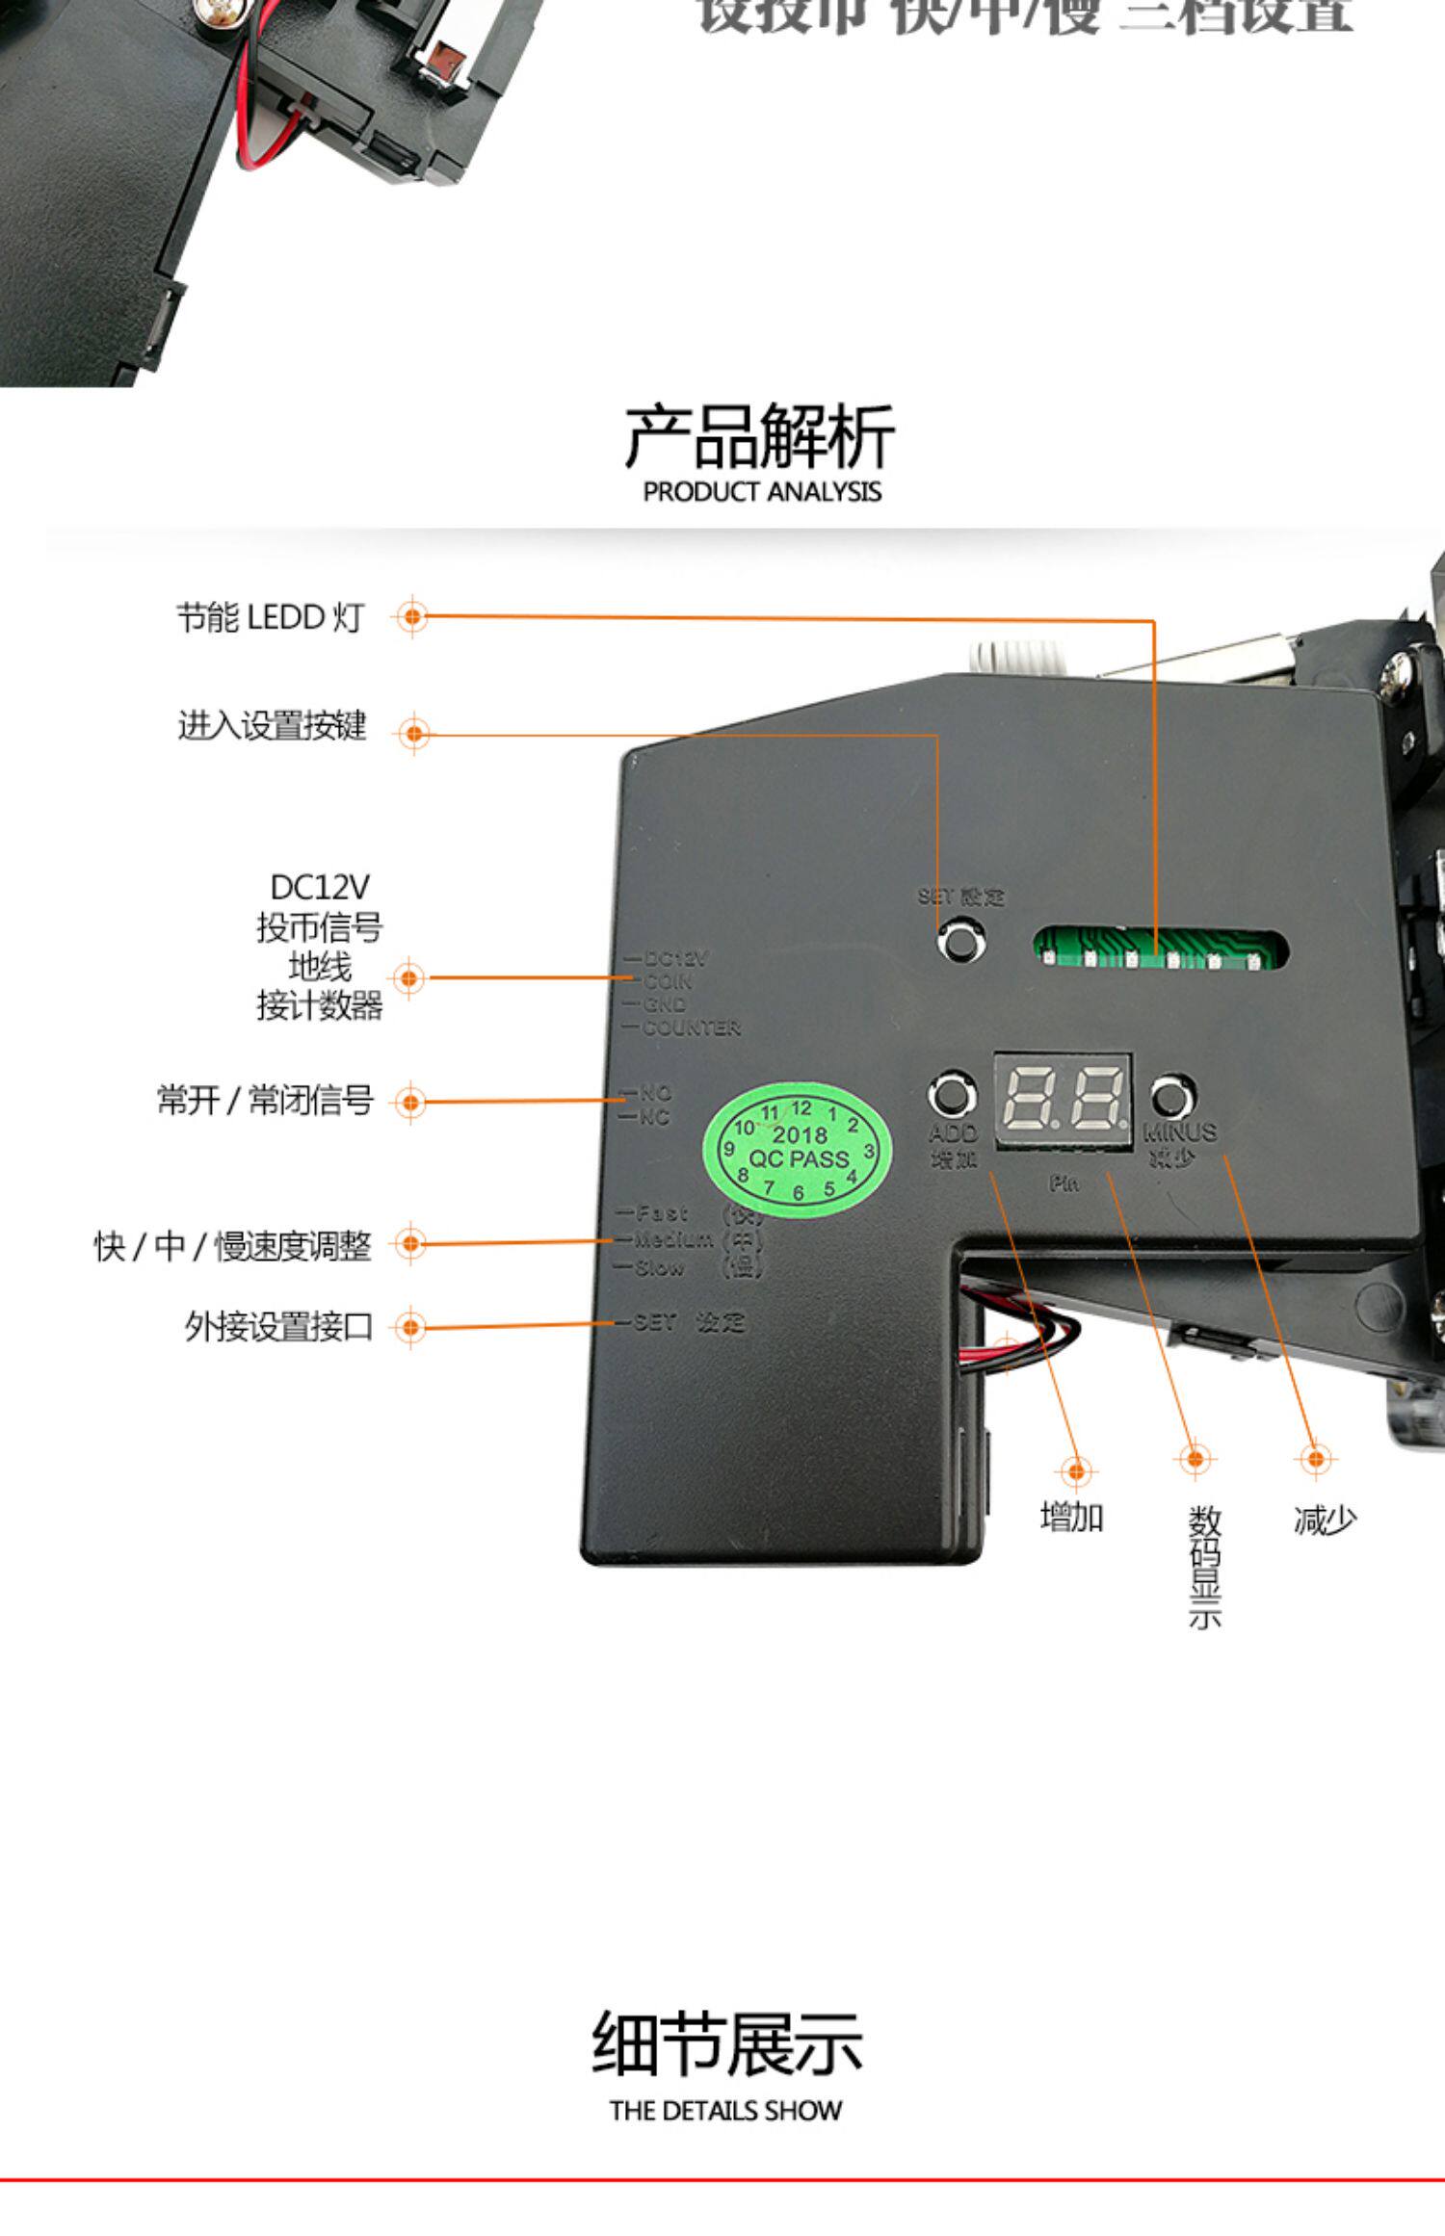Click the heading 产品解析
tap(760, 438)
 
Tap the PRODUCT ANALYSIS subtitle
tap(762, 492)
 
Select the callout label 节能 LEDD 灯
tap(270, 617)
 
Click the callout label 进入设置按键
tap(272, 725)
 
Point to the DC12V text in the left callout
tap(319, 887)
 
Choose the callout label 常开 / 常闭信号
tap(265, 1100)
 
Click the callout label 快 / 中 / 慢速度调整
tap(232, 1245)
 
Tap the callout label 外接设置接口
tap(278, 1326)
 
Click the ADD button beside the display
tap(951, 1096)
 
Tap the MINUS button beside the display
tap(1170, 1096)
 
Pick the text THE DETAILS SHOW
tap(725, 2111)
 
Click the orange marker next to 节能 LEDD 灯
tap(412, 616)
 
